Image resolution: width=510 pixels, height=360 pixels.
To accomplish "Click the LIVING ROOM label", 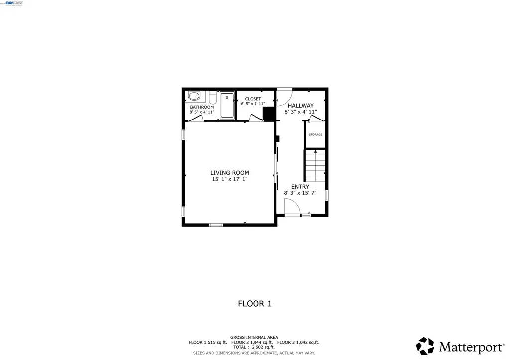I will click(229, 173).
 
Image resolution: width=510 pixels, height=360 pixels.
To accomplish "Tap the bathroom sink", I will click(194, 96).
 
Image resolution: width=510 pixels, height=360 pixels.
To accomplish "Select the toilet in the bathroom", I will click(213, 97).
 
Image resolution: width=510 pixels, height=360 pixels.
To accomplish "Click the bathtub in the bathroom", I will click(227, 105).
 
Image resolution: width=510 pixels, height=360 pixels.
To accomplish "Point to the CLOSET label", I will click(253, 99).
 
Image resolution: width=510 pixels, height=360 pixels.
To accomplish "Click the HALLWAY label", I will click(300, 106).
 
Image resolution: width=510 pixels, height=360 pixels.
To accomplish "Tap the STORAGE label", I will click(315, 135).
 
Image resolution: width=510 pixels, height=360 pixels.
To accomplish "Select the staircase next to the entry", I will click(315, 166).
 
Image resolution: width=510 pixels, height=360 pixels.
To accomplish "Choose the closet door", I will click(256, 118).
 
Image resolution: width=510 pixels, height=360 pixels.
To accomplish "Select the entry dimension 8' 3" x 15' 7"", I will click(300, 193).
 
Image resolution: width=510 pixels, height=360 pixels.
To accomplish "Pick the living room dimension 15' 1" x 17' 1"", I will click(229, 179).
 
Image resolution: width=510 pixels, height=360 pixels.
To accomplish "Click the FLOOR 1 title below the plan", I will click(255, 303).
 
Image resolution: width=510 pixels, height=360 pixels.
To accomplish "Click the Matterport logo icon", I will click(425, 346).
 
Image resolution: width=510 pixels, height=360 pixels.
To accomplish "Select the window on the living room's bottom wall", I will click(216, 225).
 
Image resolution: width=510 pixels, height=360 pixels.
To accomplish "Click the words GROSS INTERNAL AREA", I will click(254, 337).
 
